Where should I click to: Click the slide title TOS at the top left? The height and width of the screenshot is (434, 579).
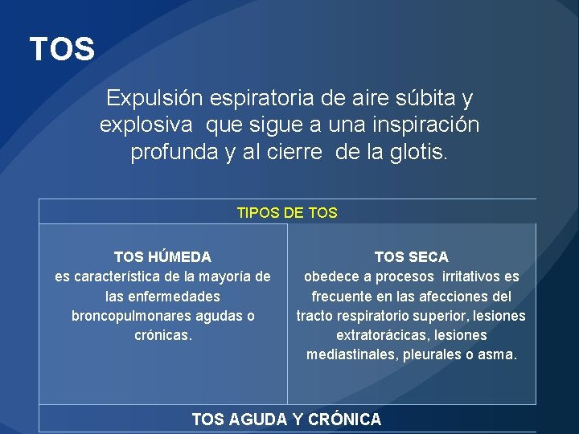(x=62, y=50)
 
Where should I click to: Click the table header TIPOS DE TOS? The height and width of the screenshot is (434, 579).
(x=287, y=213)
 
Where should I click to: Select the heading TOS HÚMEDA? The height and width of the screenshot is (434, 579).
(x=162, y=257)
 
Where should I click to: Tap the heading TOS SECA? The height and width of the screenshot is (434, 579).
(x=411, y=257)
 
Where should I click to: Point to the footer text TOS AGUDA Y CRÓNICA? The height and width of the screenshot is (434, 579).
(x=286, y=419)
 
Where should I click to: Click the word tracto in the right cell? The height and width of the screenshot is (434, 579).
(x=316, y=316)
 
